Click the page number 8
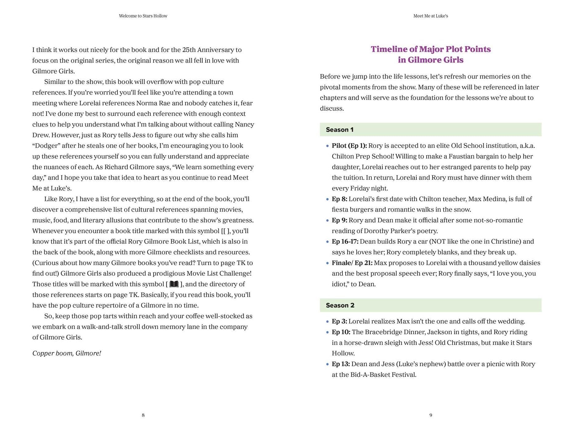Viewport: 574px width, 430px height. [143, 415]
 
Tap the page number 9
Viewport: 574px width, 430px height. [431, 415]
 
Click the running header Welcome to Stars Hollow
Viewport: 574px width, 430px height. [143, 16]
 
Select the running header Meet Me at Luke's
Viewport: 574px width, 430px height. [431, 16]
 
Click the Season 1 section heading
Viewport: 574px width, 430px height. [340, 130]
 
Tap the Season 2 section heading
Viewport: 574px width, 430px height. [340, 305]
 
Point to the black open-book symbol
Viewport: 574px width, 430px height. [174, 284]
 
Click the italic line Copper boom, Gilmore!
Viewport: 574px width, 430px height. [67, 353]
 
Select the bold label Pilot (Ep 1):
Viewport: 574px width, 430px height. [349, 146]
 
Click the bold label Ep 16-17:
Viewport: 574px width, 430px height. [345, 241]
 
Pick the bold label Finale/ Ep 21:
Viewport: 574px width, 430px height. [352, 263]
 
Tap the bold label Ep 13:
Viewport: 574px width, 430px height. [341, 364]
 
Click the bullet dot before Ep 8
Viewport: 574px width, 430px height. [327, 199]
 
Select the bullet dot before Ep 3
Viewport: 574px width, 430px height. [327, 322]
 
